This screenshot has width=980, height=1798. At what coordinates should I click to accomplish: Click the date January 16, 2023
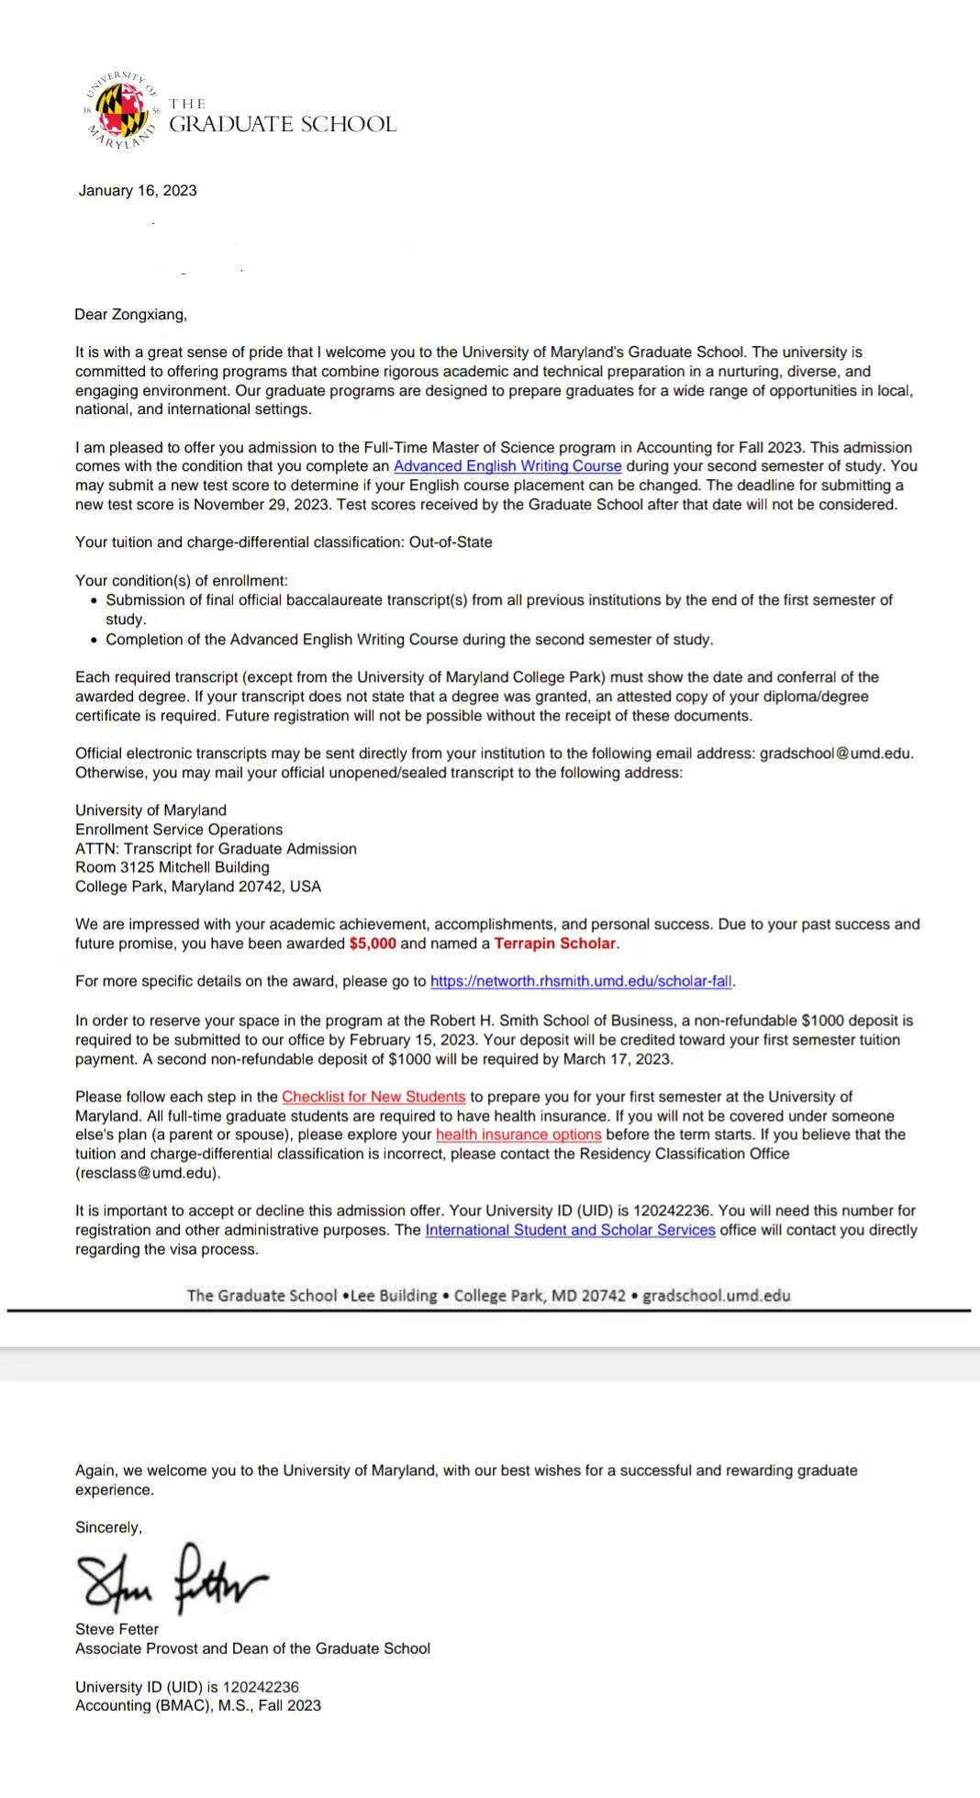click(138, 191)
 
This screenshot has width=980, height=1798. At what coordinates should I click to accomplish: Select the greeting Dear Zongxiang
click(131, 315)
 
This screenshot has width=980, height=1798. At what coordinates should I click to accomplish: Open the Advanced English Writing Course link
click(507, 466)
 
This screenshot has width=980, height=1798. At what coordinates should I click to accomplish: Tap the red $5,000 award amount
click(373, 944)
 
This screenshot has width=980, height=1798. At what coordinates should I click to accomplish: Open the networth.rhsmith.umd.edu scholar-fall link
click(581, 981)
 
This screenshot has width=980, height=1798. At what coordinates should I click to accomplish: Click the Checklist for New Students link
click(373, 1097)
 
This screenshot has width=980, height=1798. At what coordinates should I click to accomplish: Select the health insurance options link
click(518, 1135)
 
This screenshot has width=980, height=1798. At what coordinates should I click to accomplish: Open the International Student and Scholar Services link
click(570, 1230)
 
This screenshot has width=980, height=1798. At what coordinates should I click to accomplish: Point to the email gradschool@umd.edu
click(836, 754)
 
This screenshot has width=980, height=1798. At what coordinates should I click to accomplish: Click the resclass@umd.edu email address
click(147, 1173)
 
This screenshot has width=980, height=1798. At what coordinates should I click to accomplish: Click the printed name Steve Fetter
click(117, 1629)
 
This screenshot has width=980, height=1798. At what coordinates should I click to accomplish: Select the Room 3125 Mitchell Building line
click(173, 867)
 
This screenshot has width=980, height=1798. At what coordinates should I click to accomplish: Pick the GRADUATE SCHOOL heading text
click(283, 125)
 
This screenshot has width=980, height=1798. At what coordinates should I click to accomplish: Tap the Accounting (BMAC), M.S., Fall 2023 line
click(198, 1705)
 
